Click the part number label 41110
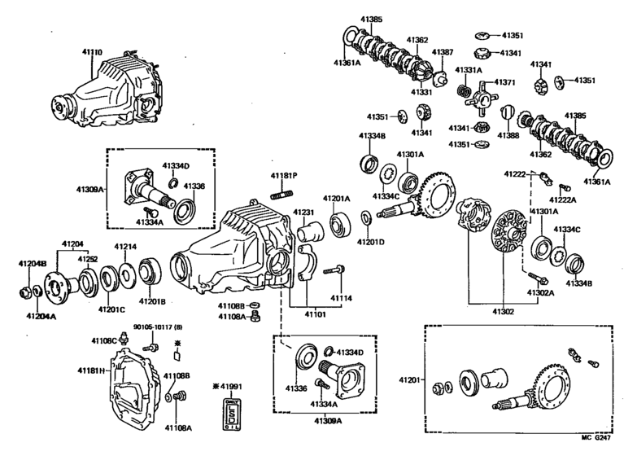pyautogui.click(x=91, y=51)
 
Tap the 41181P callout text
pyautogui.click(x=284, y=175)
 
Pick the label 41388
pyautogui.click(x=508, y=134)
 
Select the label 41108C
pyautogui.click(x=103, y=340)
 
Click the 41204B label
pyautogui.click(x=33, y=263)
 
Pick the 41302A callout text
pyautogui.click(x=540, y=293)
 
